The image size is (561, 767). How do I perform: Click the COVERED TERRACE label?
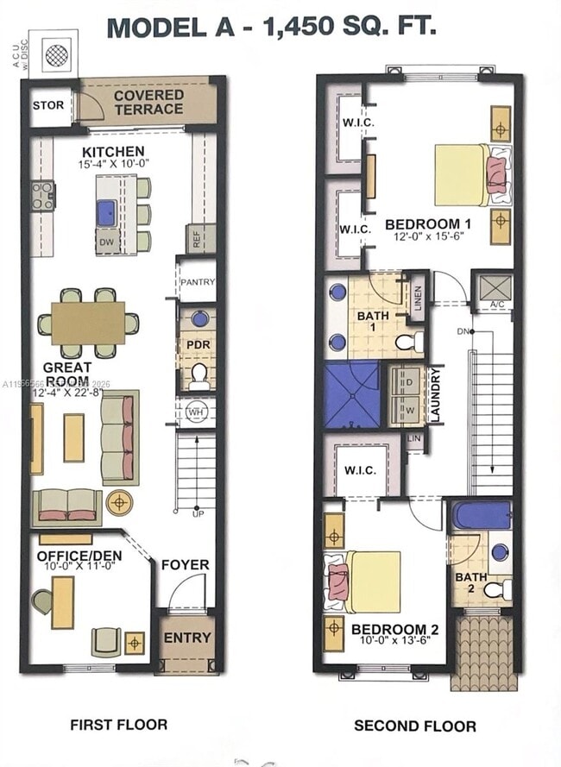148,102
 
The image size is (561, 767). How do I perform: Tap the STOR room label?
47,105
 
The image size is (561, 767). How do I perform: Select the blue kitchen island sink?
107,212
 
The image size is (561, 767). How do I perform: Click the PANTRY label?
197,282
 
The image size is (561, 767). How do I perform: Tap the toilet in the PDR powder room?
199,374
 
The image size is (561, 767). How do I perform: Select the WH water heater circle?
195,412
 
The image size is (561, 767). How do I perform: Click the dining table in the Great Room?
87,323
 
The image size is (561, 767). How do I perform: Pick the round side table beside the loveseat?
118,502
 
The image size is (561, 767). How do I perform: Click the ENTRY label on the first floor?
187,638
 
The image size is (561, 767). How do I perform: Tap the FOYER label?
185,565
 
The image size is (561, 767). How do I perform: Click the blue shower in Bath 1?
351,395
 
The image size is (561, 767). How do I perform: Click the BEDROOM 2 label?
388,630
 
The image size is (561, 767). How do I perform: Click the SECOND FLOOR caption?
414,726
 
